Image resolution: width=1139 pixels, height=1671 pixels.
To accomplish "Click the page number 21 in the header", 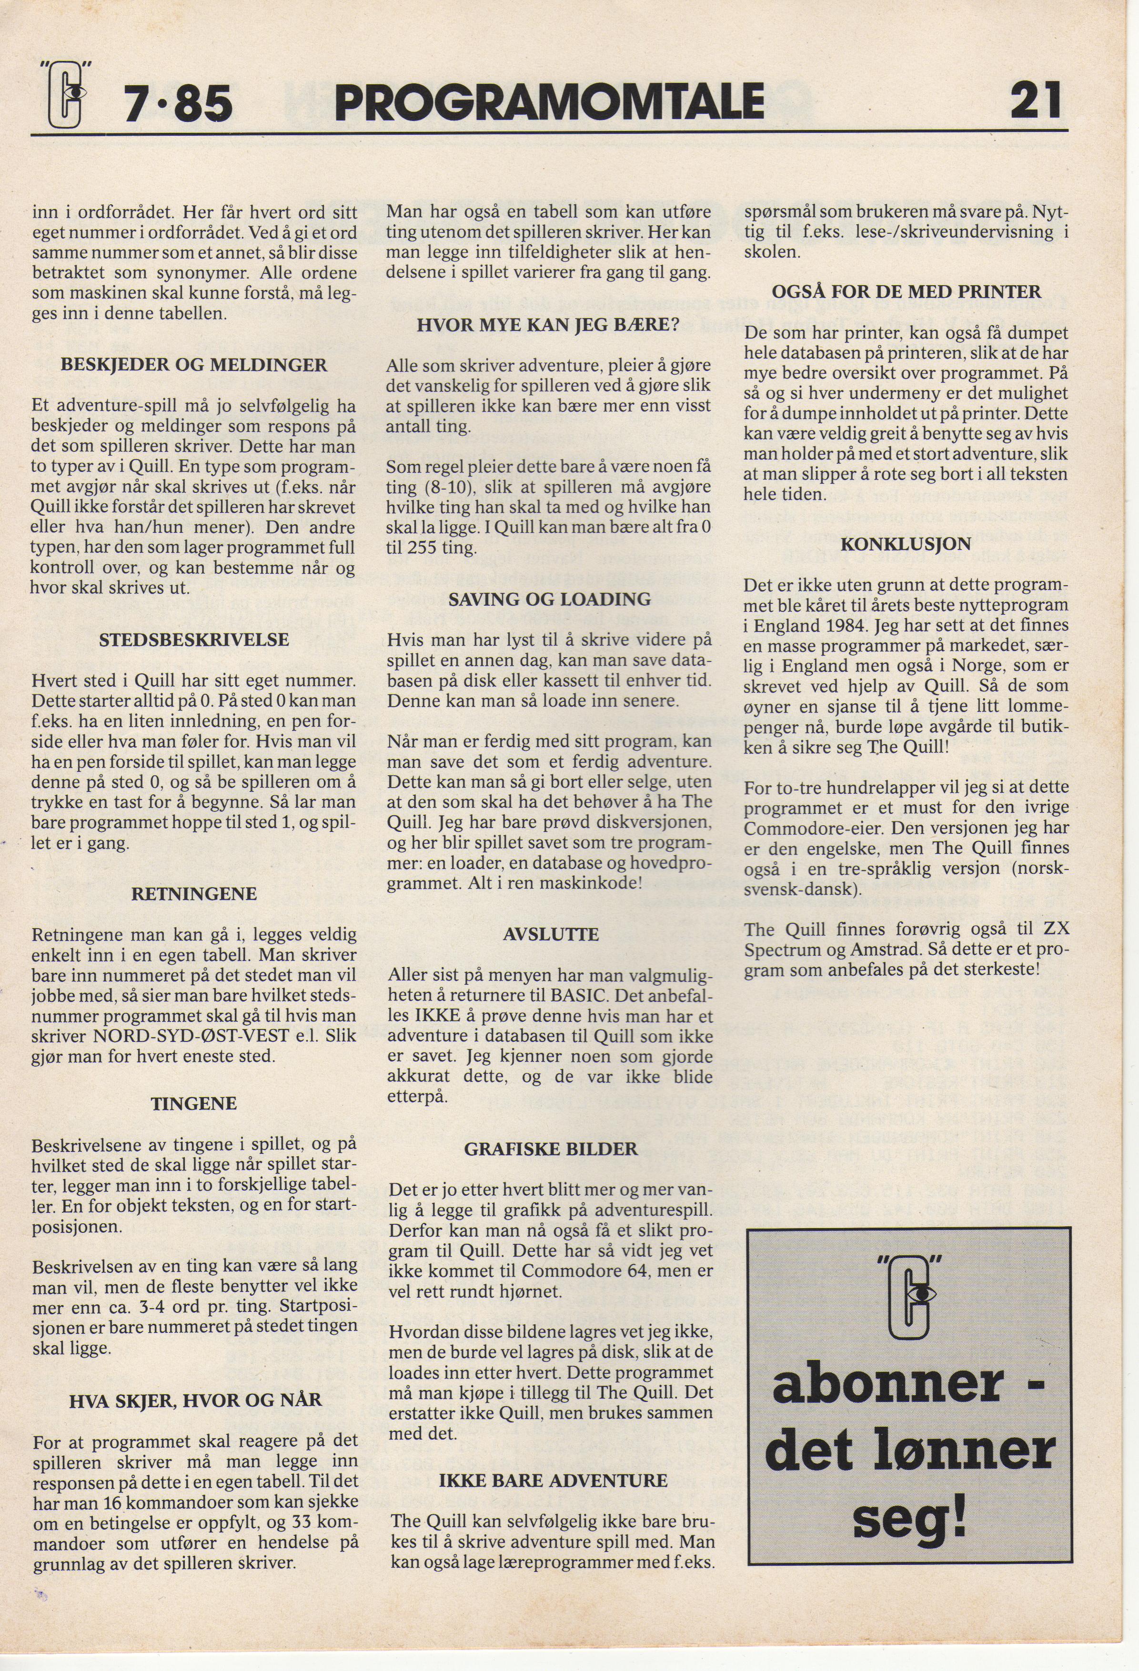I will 1036,101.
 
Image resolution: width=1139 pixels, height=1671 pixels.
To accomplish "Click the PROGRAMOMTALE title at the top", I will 549,102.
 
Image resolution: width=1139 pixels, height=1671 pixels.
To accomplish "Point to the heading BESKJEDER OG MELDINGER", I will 194,365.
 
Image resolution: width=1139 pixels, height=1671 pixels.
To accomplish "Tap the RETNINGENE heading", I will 194,894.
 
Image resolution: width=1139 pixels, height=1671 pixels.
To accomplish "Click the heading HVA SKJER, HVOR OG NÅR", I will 196,1400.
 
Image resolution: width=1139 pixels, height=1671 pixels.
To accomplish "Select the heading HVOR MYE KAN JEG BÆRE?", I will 549,324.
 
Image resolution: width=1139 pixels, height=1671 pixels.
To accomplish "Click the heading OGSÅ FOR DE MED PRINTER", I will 906,291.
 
